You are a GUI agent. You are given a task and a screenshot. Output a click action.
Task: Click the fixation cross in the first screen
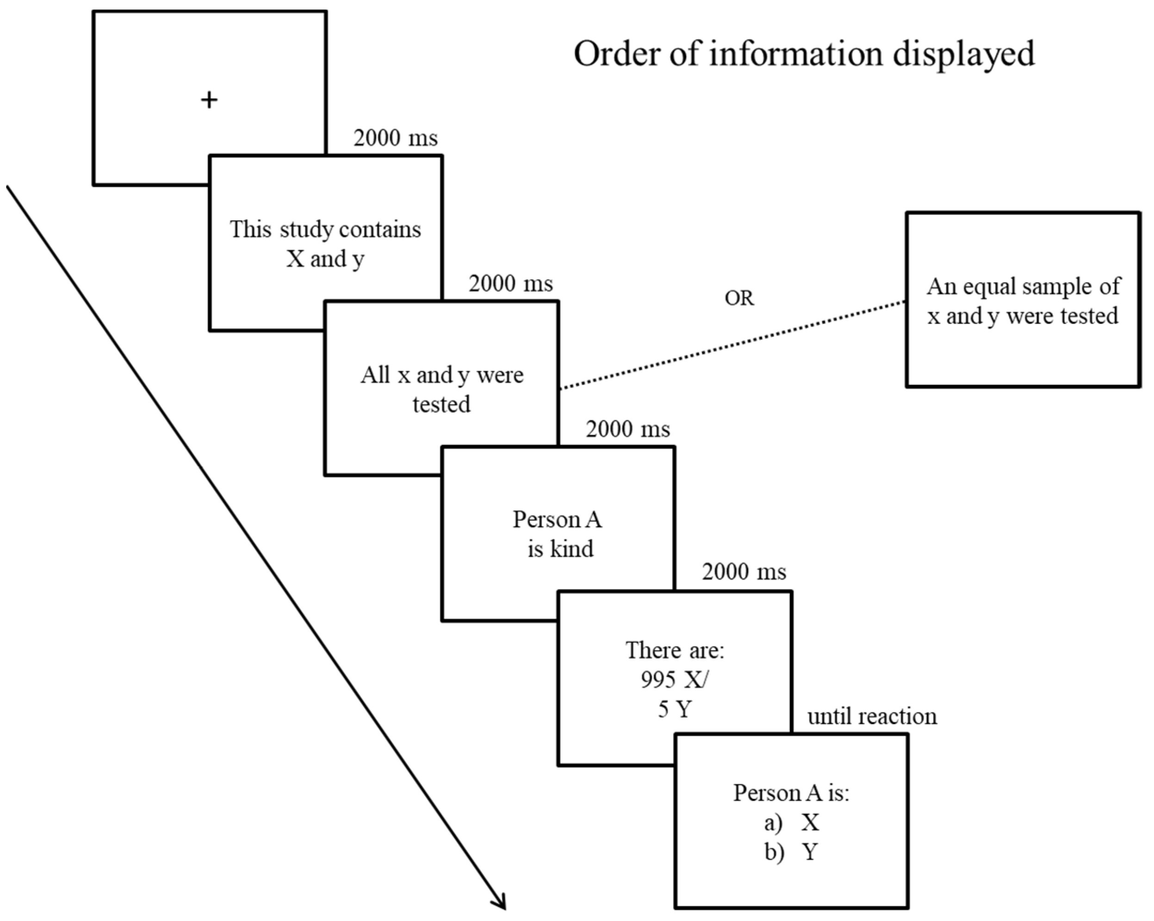(209, 99)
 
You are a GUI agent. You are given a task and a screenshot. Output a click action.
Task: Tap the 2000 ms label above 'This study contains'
(395, 138)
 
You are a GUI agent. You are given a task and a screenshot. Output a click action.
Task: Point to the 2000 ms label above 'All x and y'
(511, 283)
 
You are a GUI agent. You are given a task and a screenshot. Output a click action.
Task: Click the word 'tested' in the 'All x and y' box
(441, 404)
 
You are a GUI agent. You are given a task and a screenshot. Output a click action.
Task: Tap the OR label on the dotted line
(739, 298)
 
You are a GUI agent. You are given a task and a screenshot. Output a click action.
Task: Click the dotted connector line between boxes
(733, 345)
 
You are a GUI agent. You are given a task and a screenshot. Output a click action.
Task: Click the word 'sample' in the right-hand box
(1058, 287)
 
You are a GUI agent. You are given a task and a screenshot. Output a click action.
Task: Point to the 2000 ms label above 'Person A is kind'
(627, 429)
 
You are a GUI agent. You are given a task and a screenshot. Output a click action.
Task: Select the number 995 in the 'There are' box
(658, 680)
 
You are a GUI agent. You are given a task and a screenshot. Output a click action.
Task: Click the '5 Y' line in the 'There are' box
(674, 709)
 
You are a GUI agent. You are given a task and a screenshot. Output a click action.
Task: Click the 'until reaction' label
(872, 717)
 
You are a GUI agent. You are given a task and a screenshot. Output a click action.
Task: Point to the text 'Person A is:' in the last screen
(791, 793)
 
